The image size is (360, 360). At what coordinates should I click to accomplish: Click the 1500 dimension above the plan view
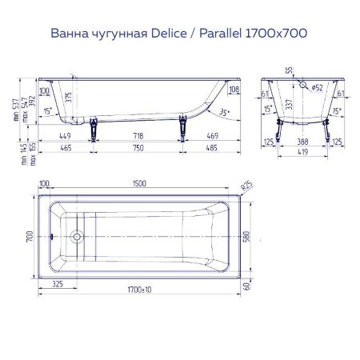141,183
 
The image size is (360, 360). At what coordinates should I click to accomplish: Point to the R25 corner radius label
247,186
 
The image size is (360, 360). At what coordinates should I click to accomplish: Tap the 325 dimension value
58,283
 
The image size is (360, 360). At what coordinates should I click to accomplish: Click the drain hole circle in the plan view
78,237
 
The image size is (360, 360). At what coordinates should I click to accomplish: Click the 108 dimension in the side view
234,89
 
